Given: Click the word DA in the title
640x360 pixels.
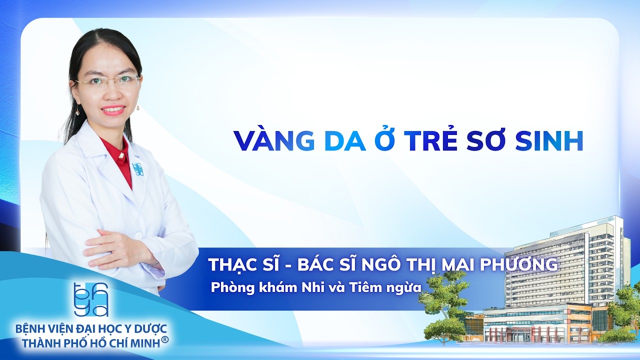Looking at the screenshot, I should pos(344,142).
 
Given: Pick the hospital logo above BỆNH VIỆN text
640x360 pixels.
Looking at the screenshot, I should pos(90,299).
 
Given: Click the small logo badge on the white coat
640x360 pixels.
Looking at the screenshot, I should pos(136,169).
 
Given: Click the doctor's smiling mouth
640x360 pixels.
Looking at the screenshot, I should pos(113,109).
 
